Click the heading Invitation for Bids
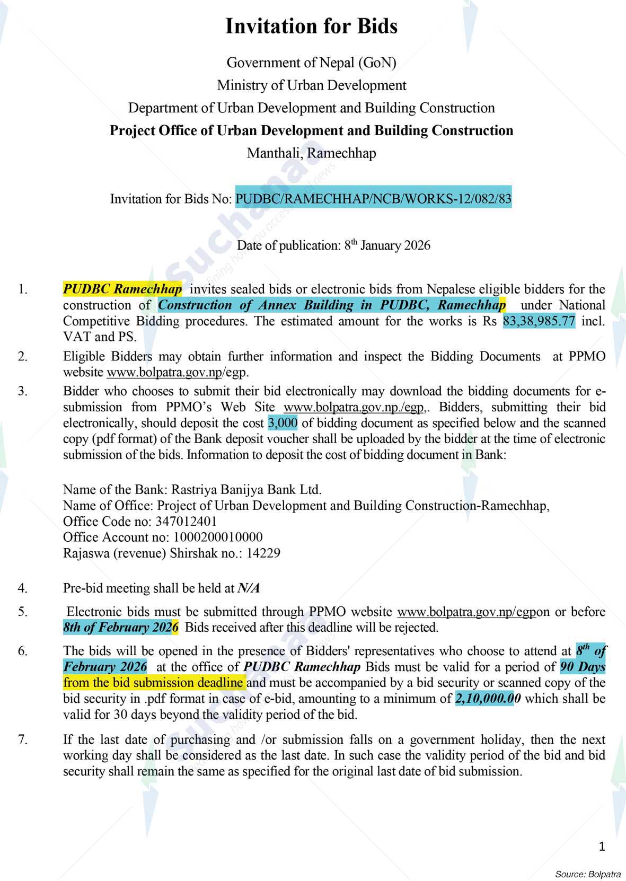tap(312, 27)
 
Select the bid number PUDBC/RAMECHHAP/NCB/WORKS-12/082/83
tap(373, 199)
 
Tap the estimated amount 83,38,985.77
tap(539, 321)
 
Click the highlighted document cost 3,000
tap(283, 423)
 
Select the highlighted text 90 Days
tap(583, 667)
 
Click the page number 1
tap(602, 847)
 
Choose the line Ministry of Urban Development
tap(312, 85)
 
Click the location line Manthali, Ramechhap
tap(312, 154)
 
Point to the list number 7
tap(22, 739)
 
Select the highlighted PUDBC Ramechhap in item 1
tap(122, 289)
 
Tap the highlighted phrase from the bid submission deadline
tap(154, 683)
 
